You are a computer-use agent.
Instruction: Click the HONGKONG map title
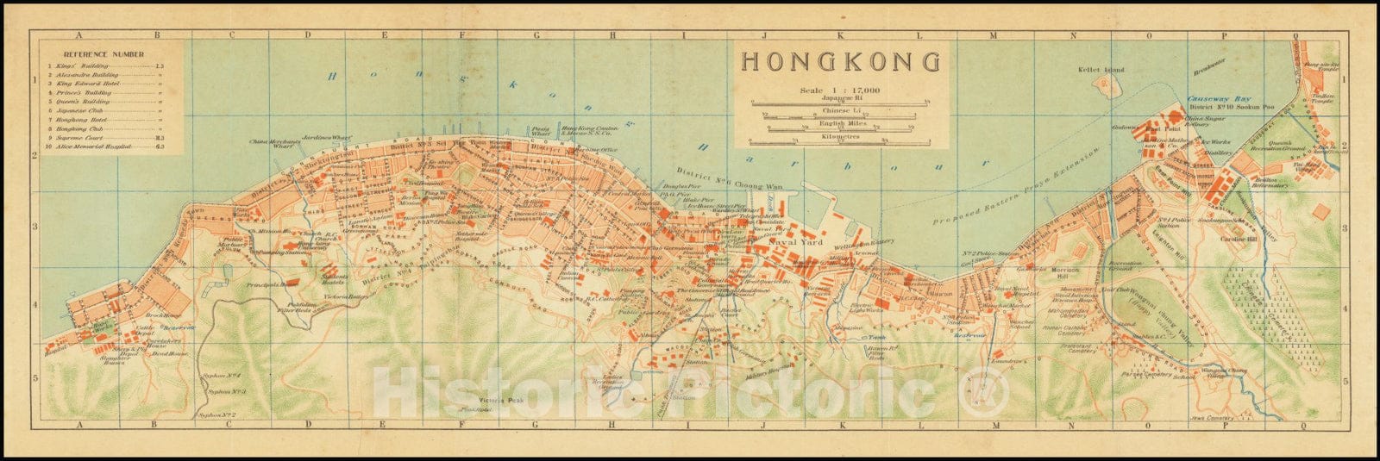841,62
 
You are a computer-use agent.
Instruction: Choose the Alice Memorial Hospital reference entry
94,147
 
